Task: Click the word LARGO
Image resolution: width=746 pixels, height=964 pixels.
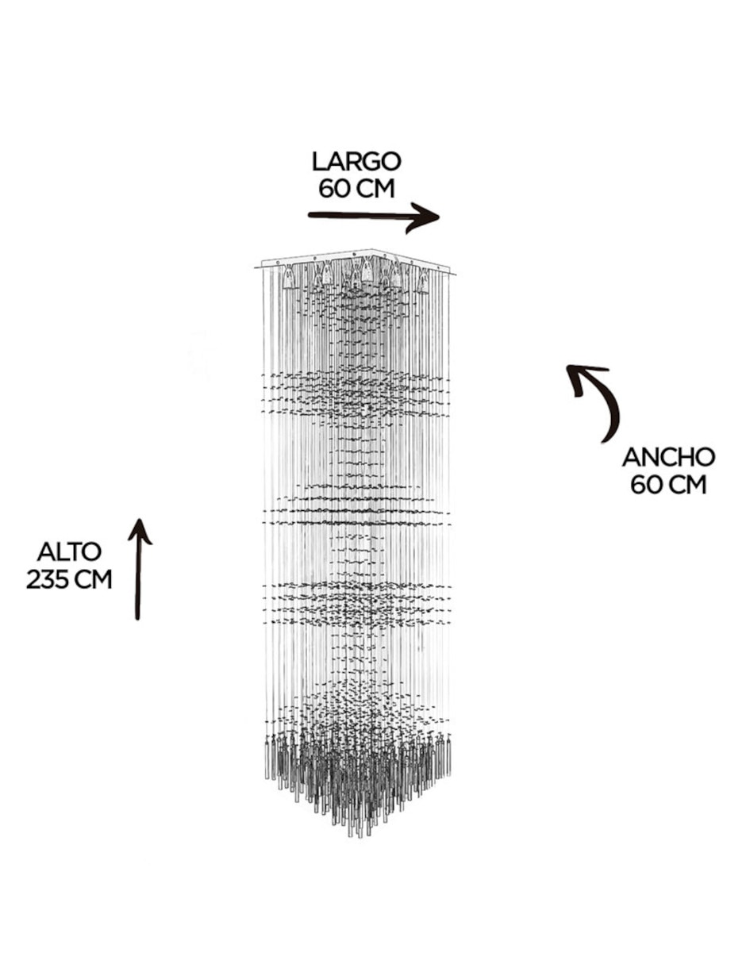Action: coord(356,162)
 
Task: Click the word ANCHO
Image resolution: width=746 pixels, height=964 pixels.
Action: coord(668,457)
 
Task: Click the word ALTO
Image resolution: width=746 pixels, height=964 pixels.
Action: coord(70,552)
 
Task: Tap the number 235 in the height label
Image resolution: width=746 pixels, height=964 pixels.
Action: coord(46,579)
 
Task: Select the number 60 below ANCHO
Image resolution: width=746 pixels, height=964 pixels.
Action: coord(647,485)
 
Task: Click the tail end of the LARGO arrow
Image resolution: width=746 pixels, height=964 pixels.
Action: coord(310,216)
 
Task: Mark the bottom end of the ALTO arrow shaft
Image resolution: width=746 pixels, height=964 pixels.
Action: coord(137,618)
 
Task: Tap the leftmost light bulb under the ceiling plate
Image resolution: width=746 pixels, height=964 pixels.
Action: coord(289,277)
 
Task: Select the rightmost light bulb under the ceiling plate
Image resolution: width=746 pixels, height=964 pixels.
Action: coord(424,281)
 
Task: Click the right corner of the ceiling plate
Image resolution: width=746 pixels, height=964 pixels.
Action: coord(456,274)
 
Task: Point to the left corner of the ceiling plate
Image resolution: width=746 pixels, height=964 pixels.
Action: coord(255,267)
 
